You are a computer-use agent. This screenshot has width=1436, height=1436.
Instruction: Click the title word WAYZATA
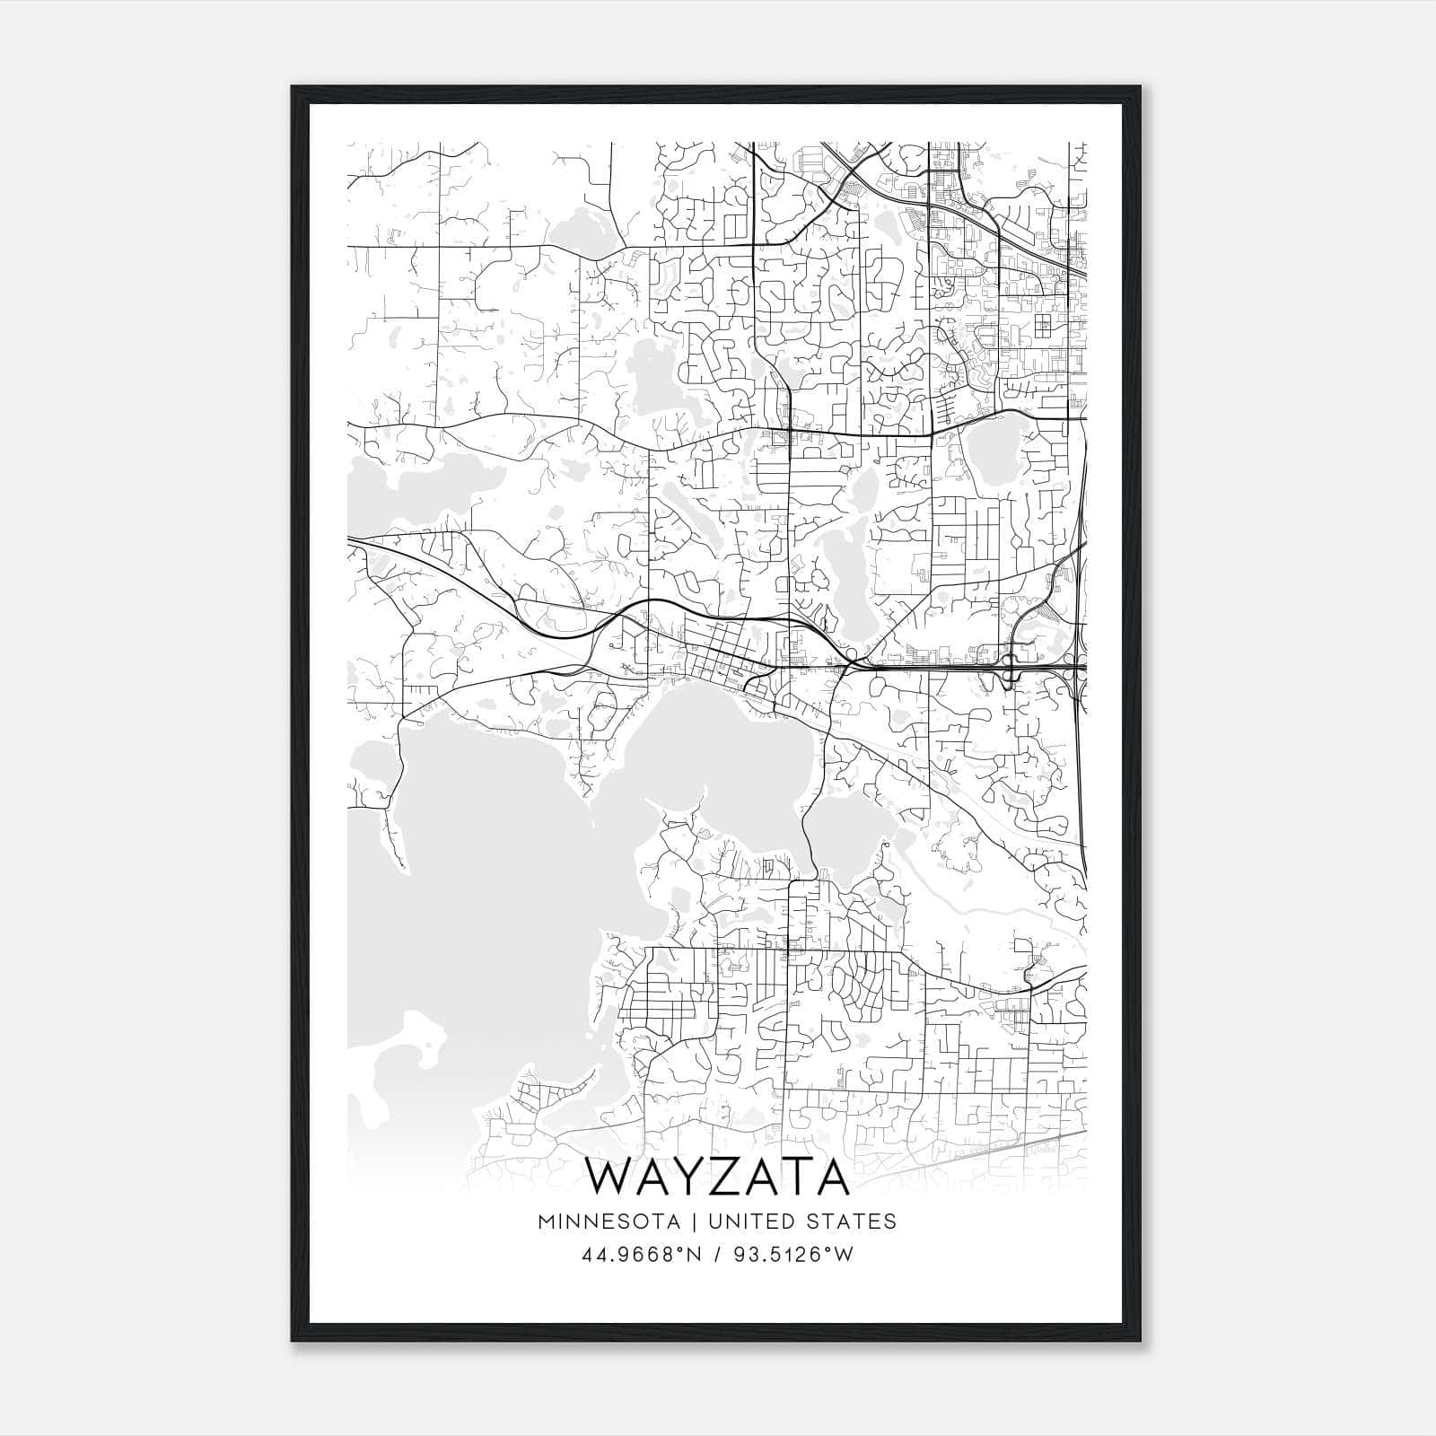[x=717, y=1178]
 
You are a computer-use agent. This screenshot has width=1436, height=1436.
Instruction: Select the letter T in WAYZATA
[x=789, y=1178]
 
